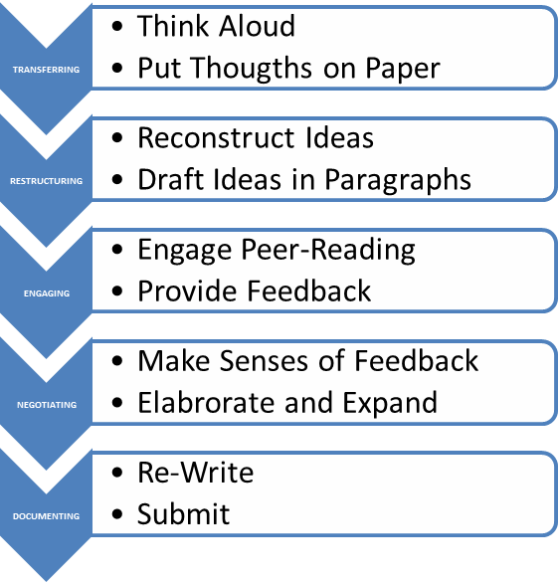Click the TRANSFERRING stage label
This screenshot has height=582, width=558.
tap(46, 70)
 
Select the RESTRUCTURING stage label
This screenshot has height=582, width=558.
tap(46, 181)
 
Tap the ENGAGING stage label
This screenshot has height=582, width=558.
tap(47, 293)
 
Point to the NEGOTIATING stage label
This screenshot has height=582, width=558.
tap(47, 405)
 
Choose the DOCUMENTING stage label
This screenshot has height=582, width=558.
tap(46, 516)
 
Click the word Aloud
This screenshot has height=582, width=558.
tap(257, 26)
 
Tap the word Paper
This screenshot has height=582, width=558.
tap(403, 70)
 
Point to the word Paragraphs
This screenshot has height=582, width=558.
tap(398, 181)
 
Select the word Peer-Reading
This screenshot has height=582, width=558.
tap(328, 251)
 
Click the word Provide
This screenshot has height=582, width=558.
tap(187, 290)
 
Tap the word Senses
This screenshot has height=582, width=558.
tap(264, 361)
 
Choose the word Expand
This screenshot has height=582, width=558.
tap(390, 404)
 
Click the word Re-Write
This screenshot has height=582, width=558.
tap(196, 473)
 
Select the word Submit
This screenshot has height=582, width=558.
tap(183, 513)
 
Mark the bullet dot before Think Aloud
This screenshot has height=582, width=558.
tap(116, 26)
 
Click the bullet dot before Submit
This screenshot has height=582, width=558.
tap(116, 514)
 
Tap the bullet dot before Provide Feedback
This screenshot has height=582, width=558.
tap(116, 291)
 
